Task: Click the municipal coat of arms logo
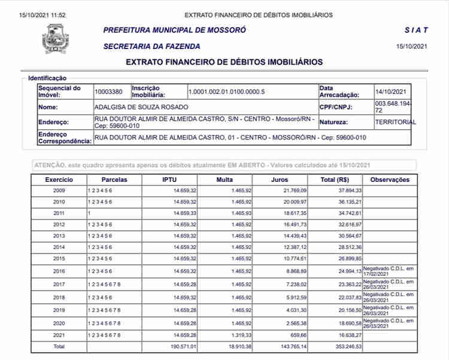[55, 38]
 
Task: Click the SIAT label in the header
[416, 30]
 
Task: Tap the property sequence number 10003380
[108, 91]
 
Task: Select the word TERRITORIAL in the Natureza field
[395, 122]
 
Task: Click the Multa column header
[224, 179]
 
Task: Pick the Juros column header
[279, 179]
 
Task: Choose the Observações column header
[390, 179]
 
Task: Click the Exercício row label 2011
[59, 213]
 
